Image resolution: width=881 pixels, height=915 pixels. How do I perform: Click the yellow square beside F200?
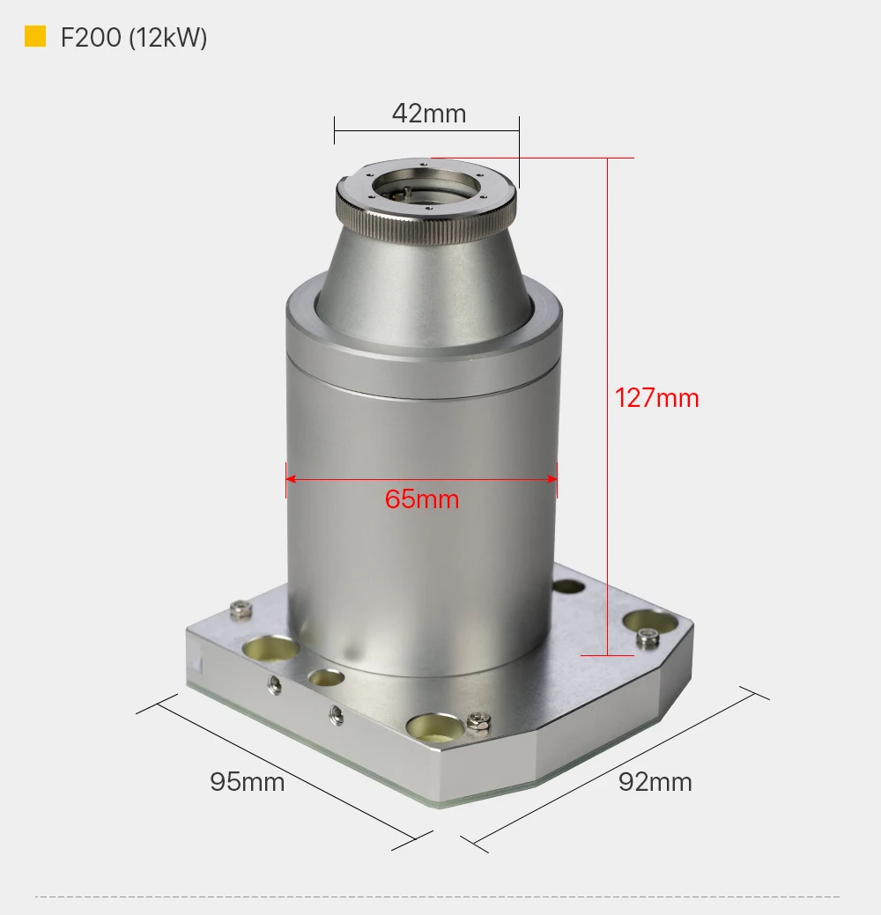35,36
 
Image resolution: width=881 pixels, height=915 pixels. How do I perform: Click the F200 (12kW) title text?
134,37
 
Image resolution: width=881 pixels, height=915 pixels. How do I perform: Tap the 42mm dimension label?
429,114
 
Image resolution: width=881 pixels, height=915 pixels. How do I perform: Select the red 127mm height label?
657,398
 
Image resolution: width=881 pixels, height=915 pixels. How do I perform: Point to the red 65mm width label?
421,499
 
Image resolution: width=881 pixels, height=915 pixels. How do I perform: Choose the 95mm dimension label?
247,782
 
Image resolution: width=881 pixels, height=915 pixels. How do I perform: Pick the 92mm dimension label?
655,782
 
